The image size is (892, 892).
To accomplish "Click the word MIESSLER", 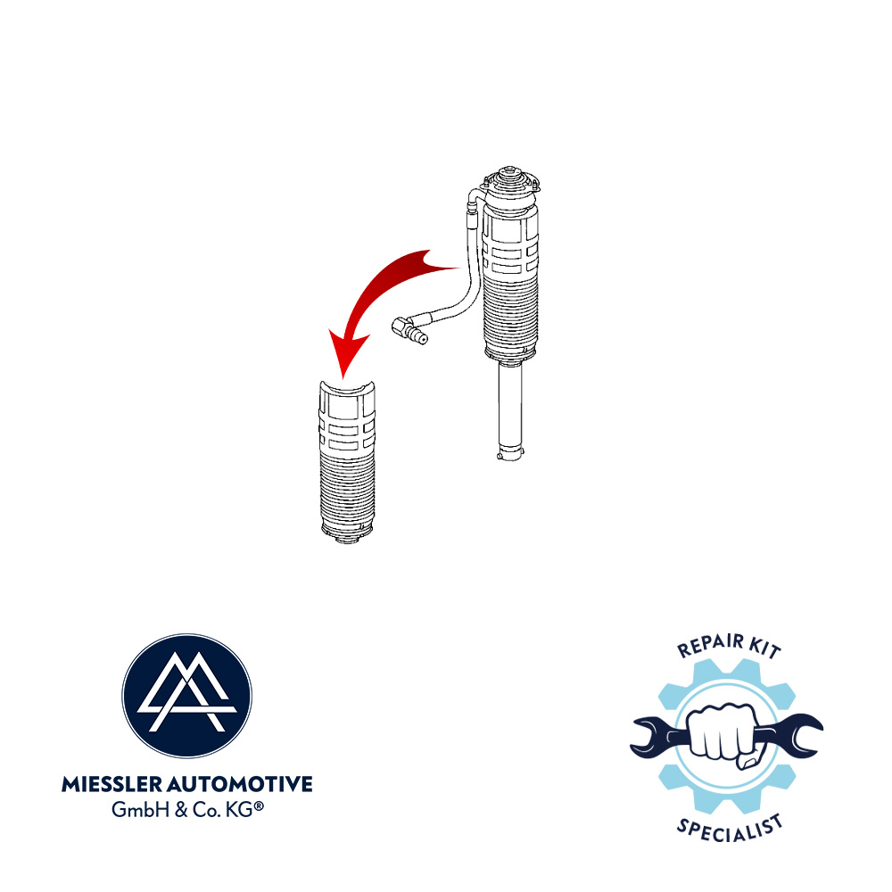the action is pos(112,784).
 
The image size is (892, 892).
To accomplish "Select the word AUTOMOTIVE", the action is pos(240,784).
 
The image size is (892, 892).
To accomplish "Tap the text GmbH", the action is pos(140,809).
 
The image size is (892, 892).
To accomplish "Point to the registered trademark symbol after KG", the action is pos(259,805).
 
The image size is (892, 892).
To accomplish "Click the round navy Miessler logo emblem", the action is pos(186,695).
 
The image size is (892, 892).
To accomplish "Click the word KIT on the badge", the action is pos(765,648).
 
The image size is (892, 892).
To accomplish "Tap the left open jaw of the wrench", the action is pos(648,738).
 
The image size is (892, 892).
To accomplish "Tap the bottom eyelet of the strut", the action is pos(509,454).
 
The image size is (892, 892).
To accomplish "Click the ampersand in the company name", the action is pos(181,810).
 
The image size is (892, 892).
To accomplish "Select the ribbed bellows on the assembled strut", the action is pos(509,313).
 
